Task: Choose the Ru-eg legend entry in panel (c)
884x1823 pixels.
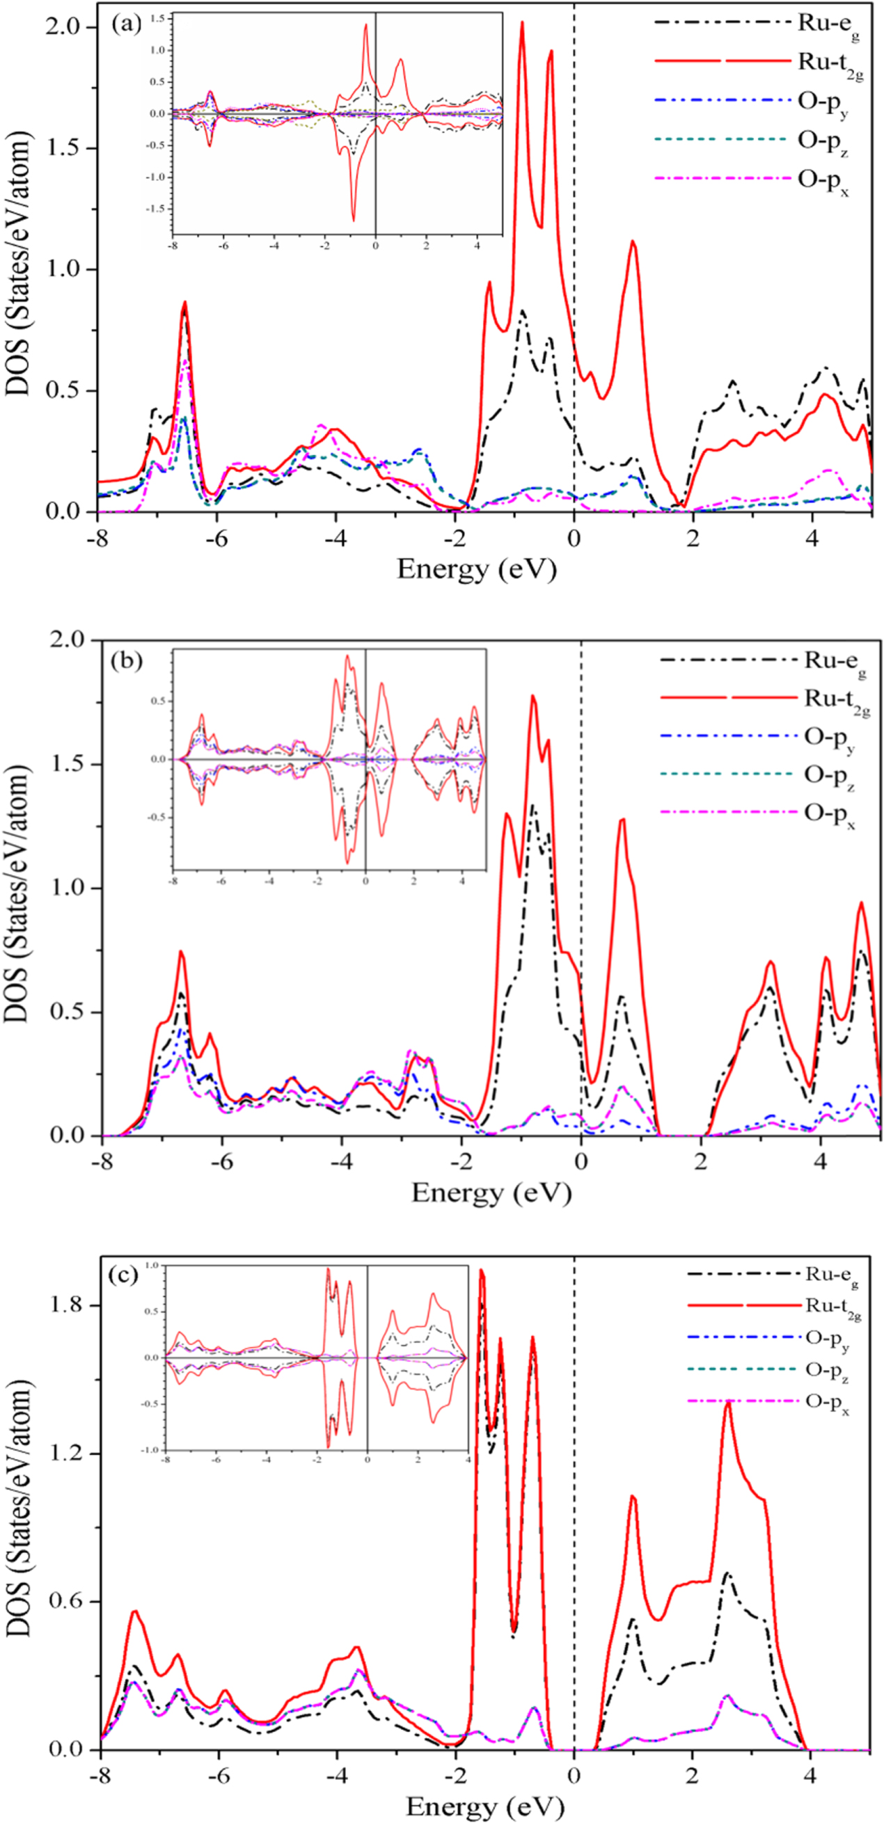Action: coord(832,1275)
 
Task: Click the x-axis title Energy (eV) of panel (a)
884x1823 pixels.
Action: coord(476,569)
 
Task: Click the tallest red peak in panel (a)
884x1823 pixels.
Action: coord(522,23)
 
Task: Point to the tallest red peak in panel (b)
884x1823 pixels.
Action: coord(533,696)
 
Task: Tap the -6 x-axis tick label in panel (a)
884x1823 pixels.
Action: coord(216,538)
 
